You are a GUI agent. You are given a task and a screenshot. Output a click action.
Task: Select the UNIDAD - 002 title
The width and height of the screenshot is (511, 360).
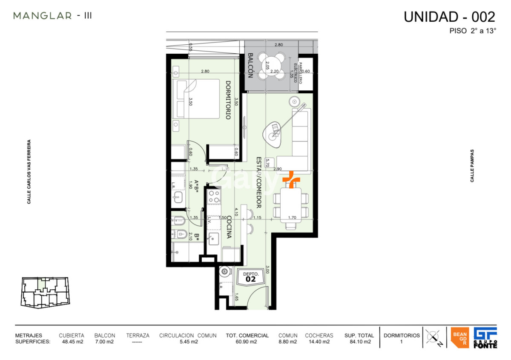pos(449,17)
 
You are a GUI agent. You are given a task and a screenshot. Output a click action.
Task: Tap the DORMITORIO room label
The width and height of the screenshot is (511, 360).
pos(228,100)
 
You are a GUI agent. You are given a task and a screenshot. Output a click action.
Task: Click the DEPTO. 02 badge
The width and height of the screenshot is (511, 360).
pos(250,277)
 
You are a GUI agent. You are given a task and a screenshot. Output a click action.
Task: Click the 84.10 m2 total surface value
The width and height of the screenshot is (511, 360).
pos(359,342)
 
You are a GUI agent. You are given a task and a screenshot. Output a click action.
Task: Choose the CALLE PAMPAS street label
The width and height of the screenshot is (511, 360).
pos(472,166)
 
